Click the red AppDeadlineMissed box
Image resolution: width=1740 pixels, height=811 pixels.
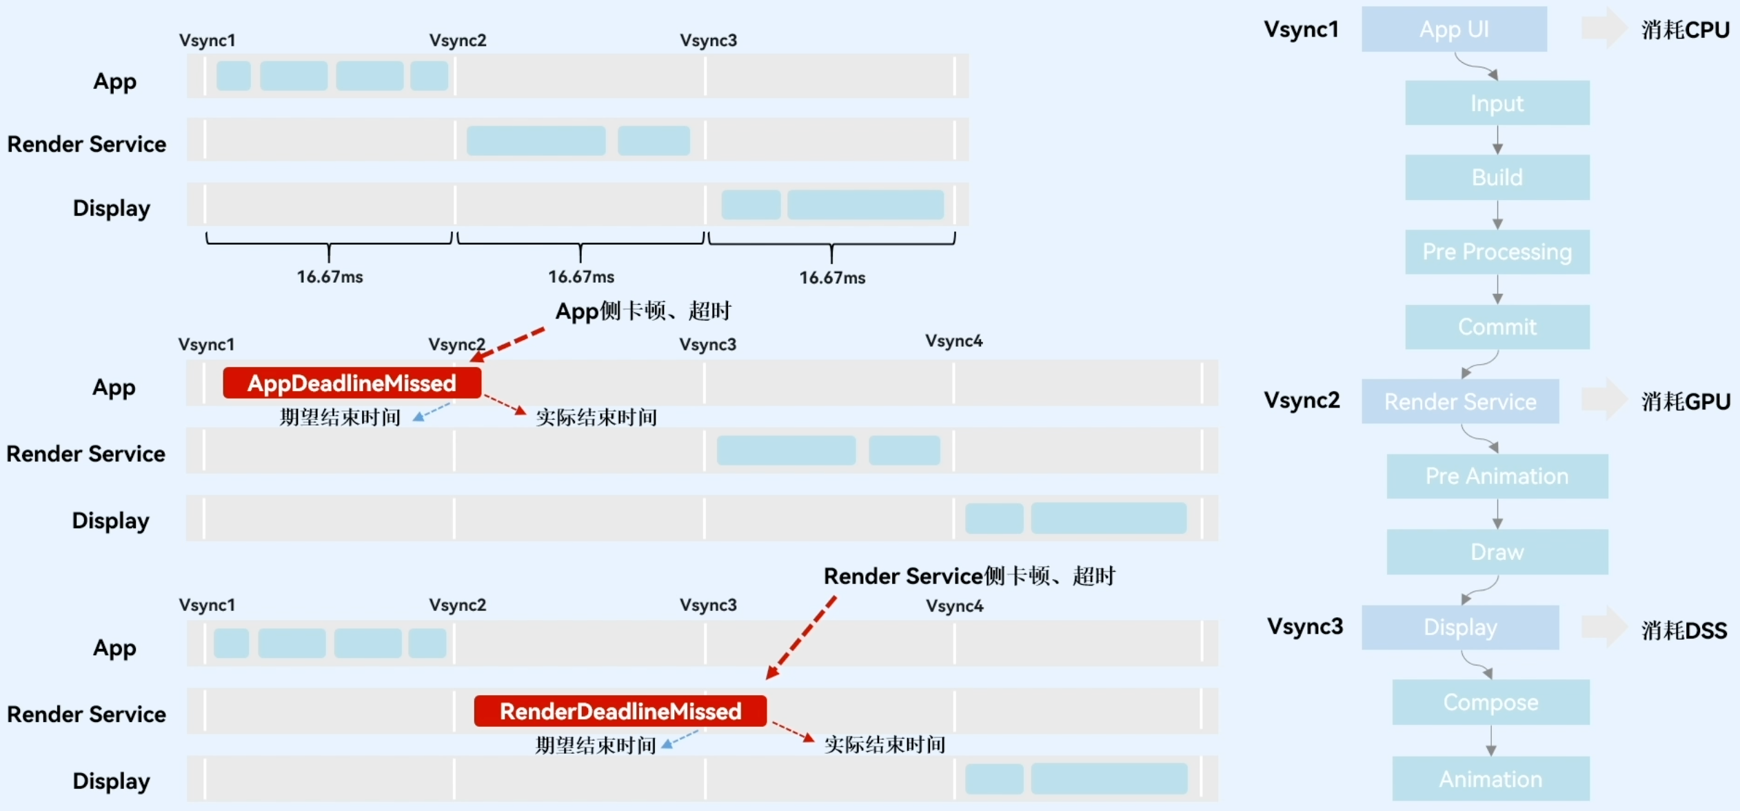click(352, 383)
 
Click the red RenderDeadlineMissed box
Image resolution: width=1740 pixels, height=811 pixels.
click(620, 711)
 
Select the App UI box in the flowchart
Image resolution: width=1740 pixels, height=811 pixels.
click(1454, 29)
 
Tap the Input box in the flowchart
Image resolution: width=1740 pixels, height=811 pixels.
click(1497, 103)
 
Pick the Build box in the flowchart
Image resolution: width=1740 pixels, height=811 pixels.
click(1497, 177)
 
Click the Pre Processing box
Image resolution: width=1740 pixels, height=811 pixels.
click(1497, 252)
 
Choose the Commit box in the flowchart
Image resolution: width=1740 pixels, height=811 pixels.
click(1497, 326)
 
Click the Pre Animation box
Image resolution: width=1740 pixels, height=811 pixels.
click(1497, 476)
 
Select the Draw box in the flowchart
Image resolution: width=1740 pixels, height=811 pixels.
click(1497, 552)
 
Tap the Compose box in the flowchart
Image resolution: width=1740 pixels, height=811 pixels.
click(1490, 702)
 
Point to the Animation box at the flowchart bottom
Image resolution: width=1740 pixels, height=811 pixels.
click(1490, 779)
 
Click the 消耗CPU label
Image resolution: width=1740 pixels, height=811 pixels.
click(1685, 30)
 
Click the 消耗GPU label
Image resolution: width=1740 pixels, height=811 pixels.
click(1685, 401)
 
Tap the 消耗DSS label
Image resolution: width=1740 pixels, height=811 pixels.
click(1683, 630)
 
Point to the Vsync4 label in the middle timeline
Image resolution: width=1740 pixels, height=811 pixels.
click(954, 341)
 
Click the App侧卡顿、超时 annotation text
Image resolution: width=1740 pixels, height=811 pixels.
click(643, 311)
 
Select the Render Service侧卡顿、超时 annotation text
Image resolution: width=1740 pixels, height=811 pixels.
click(969, 576)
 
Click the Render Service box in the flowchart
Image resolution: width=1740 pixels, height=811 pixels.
click(1460, 401)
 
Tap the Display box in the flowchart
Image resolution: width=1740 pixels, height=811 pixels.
click(1460, 627)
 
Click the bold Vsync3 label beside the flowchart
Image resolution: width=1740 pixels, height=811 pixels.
click(1305, 626)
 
